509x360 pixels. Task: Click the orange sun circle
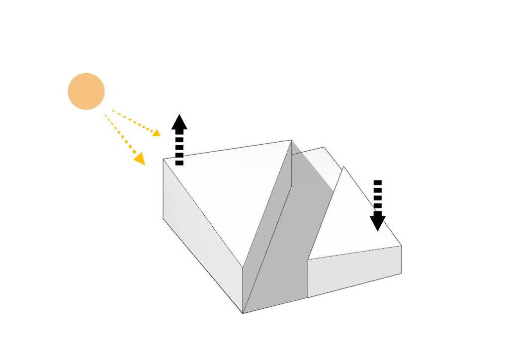point(86,91)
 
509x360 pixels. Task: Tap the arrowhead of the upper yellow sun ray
point(156,133)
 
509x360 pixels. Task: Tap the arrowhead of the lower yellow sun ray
point(140,159)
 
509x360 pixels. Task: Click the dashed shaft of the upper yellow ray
point(132,121)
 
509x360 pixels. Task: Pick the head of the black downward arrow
point(378,221)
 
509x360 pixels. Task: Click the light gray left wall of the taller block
point(199,234)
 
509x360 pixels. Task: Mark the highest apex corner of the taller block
point(291,140)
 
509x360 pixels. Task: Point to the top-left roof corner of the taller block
point(164,159)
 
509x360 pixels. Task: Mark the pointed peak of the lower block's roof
point(343,167)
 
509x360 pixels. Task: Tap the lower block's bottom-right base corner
point(401,273)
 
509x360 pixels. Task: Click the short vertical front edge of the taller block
point(243,291)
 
